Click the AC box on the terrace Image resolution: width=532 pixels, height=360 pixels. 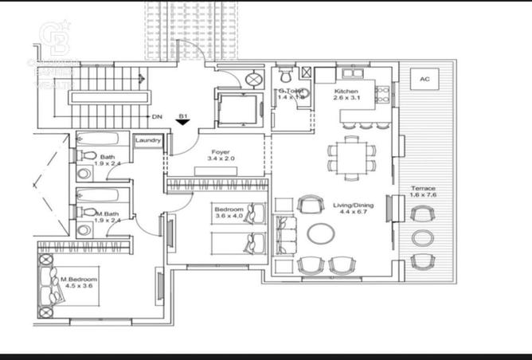click(424, 80)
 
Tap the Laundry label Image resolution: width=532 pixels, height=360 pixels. click(148, 141)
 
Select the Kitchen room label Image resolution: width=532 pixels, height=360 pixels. click(346, 92)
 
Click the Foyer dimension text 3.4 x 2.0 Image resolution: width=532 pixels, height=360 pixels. click(221, 159)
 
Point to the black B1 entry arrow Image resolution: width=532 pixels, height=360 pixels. click(182, 123)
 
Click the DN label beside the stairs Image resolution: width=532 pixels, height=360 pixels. click(157, 116)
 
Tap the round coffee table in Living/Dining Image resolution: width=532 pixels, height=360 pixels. click(321, 233)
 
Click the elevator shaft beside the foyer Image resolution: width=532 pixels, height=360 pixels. click(236, 108)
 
